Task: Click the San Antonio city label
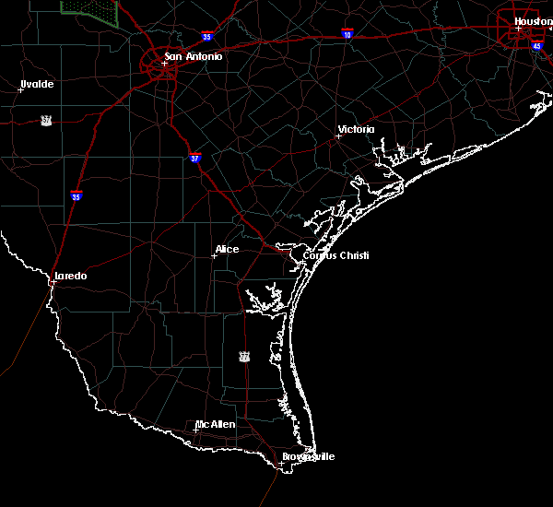(194, 57)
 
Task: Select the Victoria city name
(358, 129)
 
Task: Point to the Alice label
(227, 249)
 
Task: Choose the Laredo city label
(71, 276)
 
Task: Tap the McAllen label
(216, 424)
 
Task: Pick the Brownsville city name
(308, 456)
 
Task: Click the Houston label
(533, 21)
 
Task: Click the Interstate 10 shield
(347, 32)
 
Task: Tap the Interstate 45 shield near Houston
(536, 45)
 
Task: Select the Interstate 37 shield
(194, 159)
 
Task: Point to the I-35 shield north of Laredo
(76, 195)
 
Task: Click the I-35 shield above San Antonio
(208, 37)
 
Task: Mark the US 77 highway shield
(243, 356)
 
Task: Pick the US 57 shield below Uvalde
(46, 120)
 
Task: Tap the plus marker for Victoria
(338, 136)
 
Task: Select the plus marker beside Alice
(214, 255)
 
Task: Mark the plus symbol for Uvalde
(20, 90)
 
